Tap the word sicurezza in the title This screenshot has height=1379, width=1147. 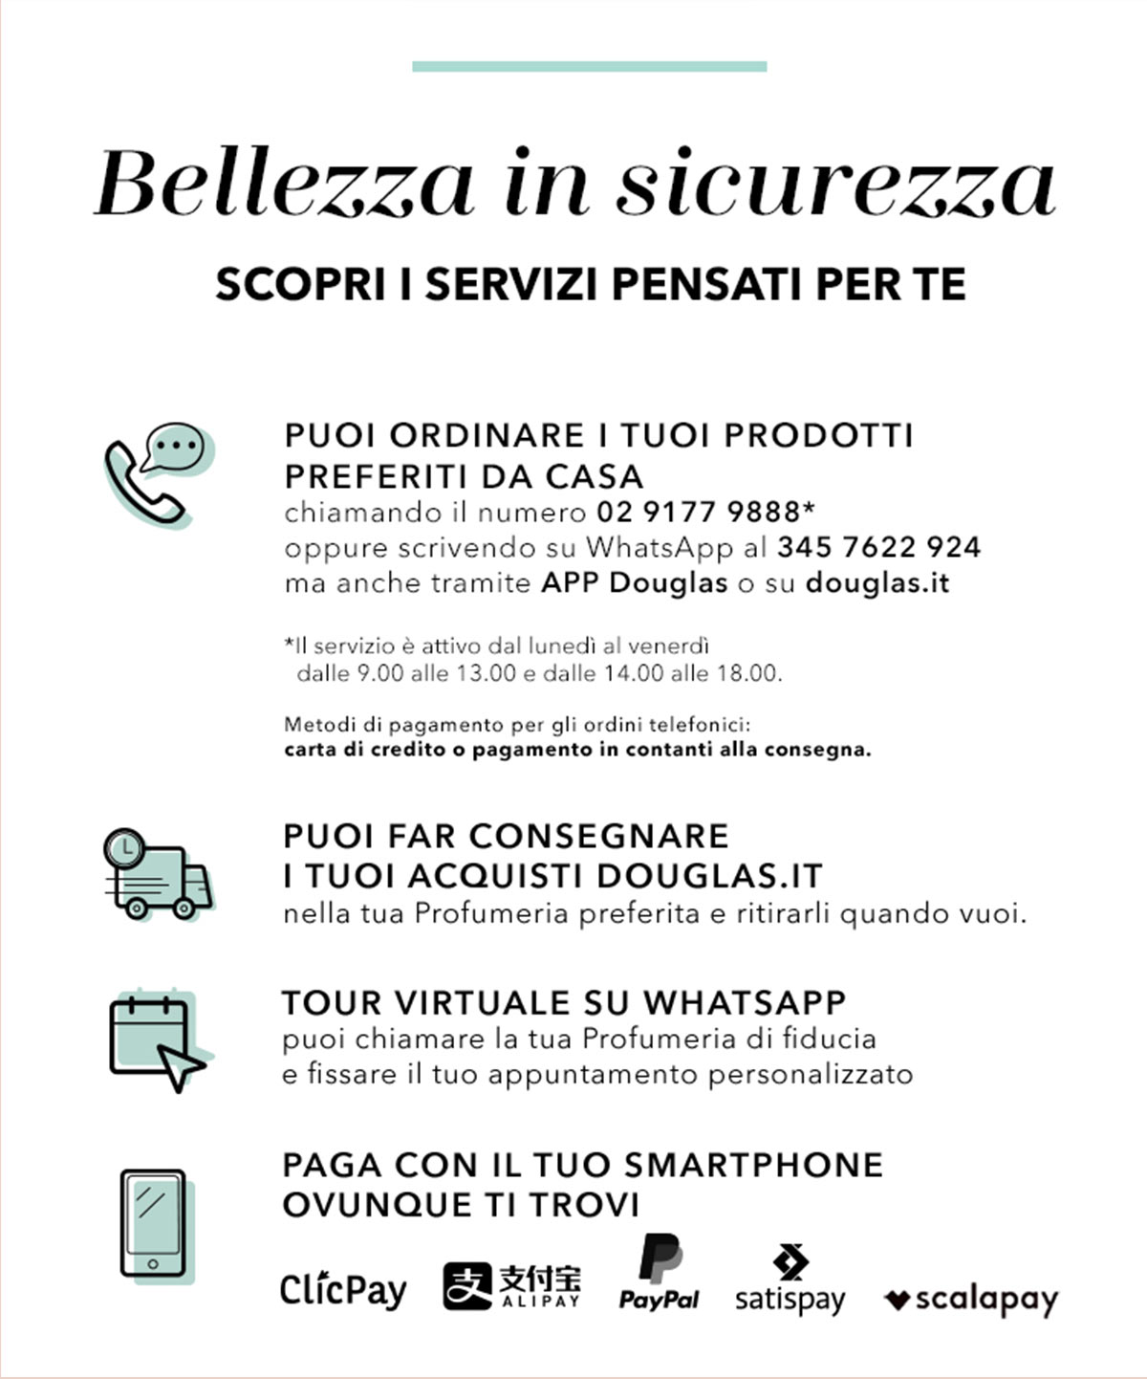835,182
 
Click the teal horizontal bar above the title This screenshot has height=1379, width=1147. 589,66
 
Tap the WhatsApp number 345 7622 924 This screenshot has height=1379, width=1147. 878,548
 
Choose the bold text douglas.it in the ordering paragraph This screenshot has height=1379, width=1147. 877,583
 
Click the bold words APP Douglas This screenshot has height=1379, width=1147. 635,583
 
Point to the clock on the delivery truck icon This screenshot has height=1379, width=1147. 125,847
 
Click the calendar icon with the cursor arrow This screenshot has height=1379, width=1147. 157,1040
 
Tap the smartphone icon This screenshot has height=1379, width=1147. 153,1222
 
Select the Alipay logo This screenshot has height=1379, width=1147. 511,1286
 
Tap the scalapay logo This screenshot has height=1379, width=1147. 971,1301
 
